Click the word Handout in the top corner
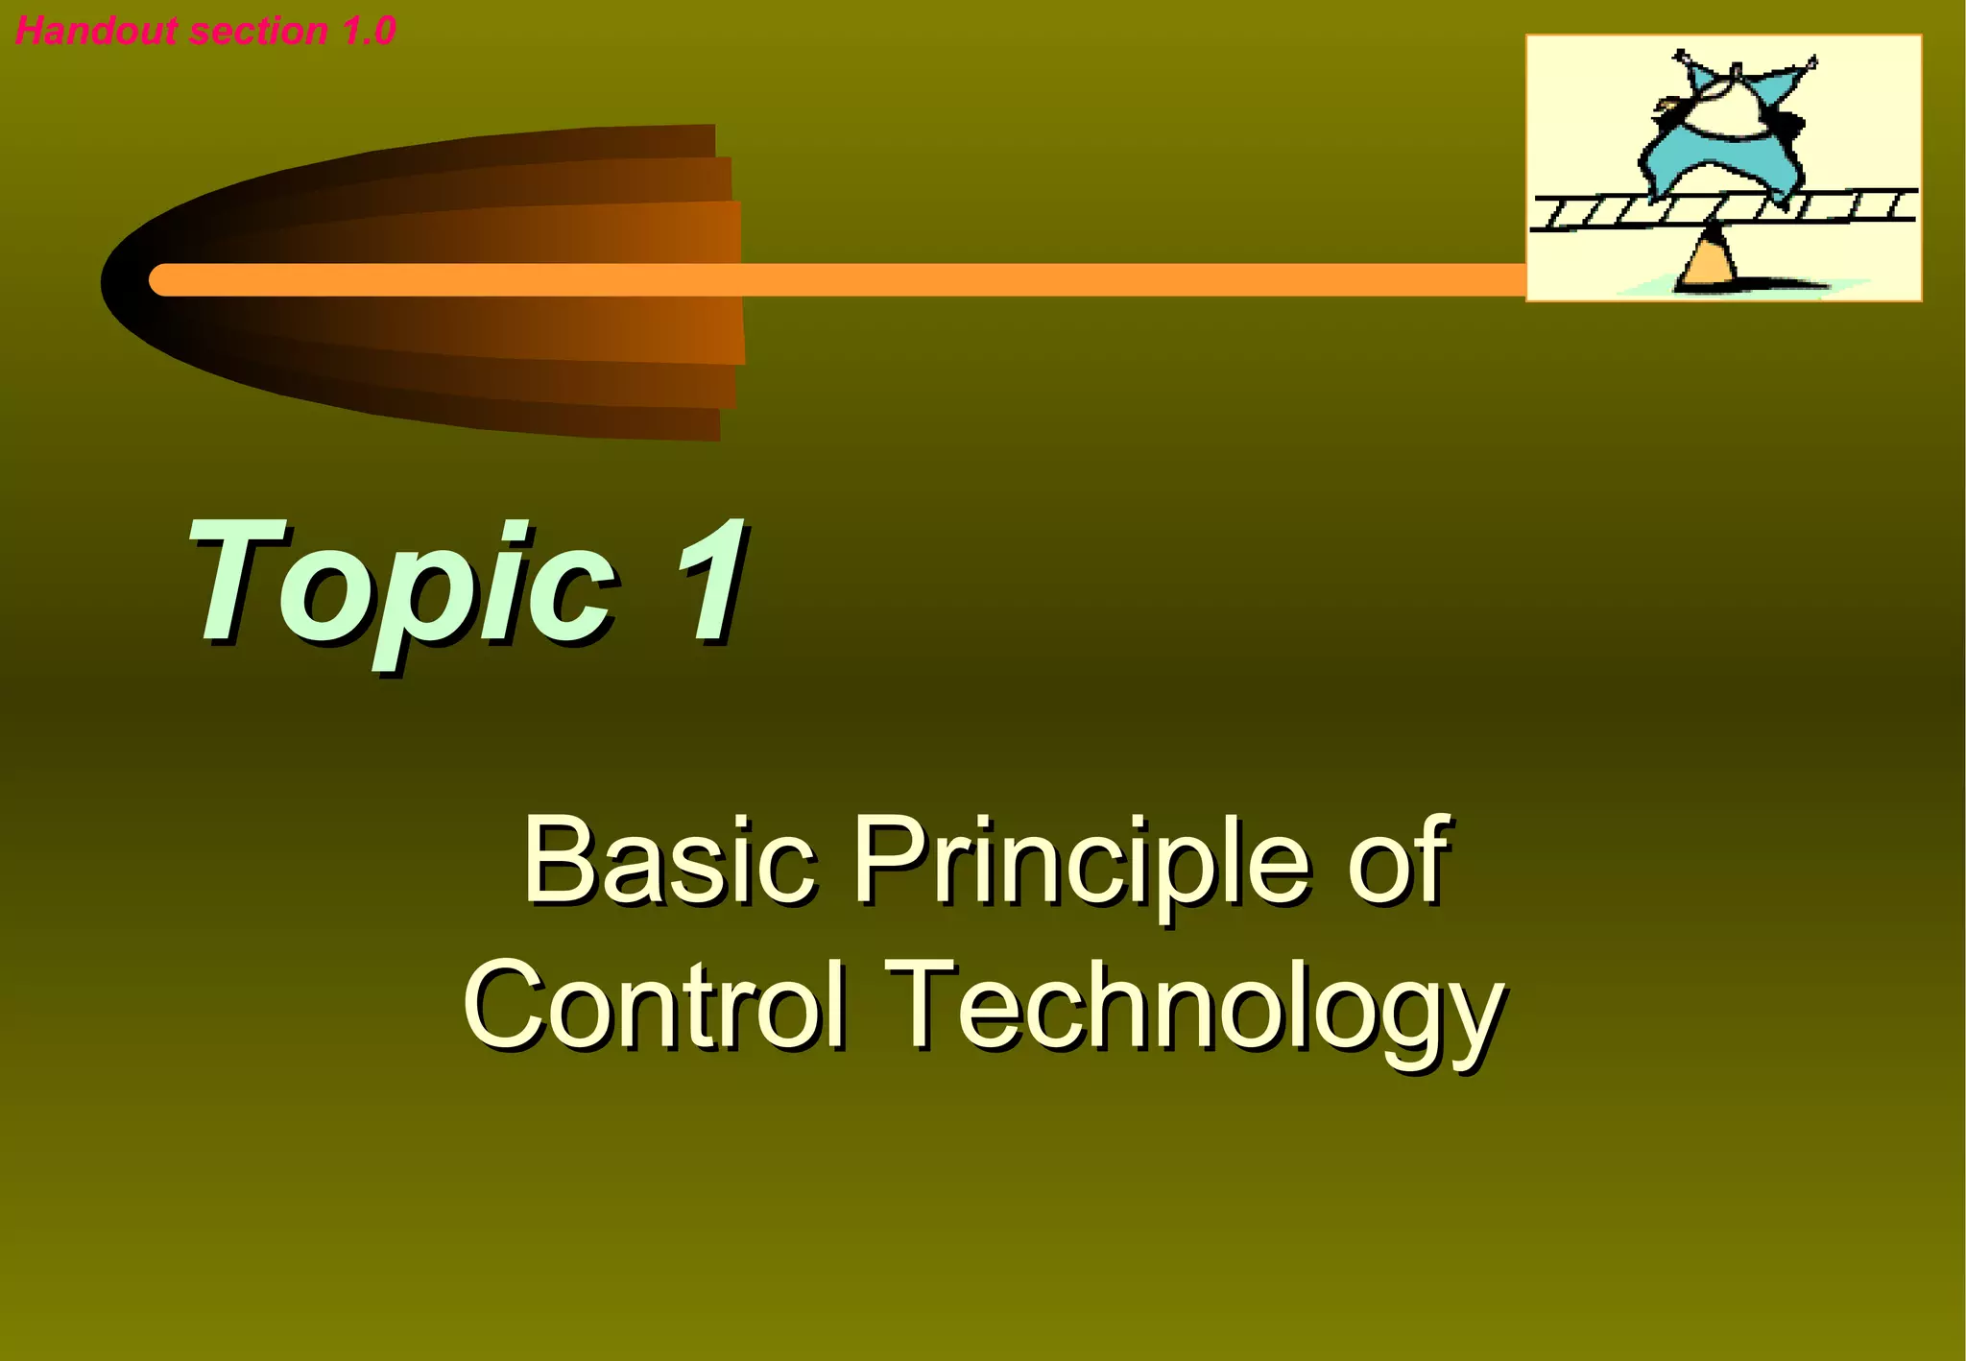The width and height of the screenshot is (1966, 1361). click(x=96, y=31)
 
